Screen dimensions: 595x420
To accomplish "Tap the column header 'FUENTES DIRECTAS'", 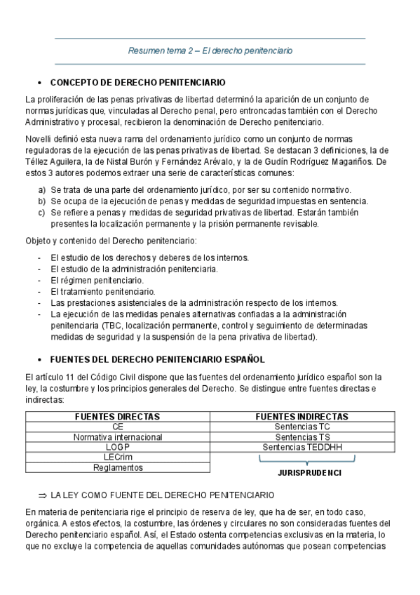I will coord(118,416).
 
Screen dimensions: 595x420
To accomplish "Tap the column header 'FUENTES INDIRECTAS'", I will coord(303,416).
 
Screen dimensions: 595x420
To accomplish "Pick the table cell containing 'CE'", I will coord(118,427).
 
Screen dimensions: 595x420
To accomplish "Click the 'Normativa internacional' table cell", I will coord(118,436).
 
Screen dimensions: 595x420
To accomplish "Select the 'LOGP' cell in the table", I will coord(118,447).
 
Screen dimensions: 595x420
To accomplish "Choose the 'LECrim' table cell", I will coord(118,457).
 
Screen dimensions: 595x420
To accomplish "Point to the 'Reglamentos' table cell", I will coord(118,467).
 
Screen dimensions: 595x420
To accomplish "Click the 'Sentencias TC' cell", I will coord(303,427).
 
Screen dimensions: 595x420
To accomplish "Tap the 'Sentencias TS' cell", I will coord(303,436).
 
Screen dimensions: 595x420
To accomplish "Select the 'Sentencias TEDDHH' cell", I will coord(303,447).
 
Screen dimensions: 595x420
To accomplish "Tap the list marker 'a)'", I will coord(42,190).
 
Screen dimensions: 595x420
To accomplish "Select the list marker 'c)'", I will coord(42,213).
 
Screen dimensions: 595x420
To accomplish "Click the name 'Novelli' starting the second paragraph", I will coord(37,139).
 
